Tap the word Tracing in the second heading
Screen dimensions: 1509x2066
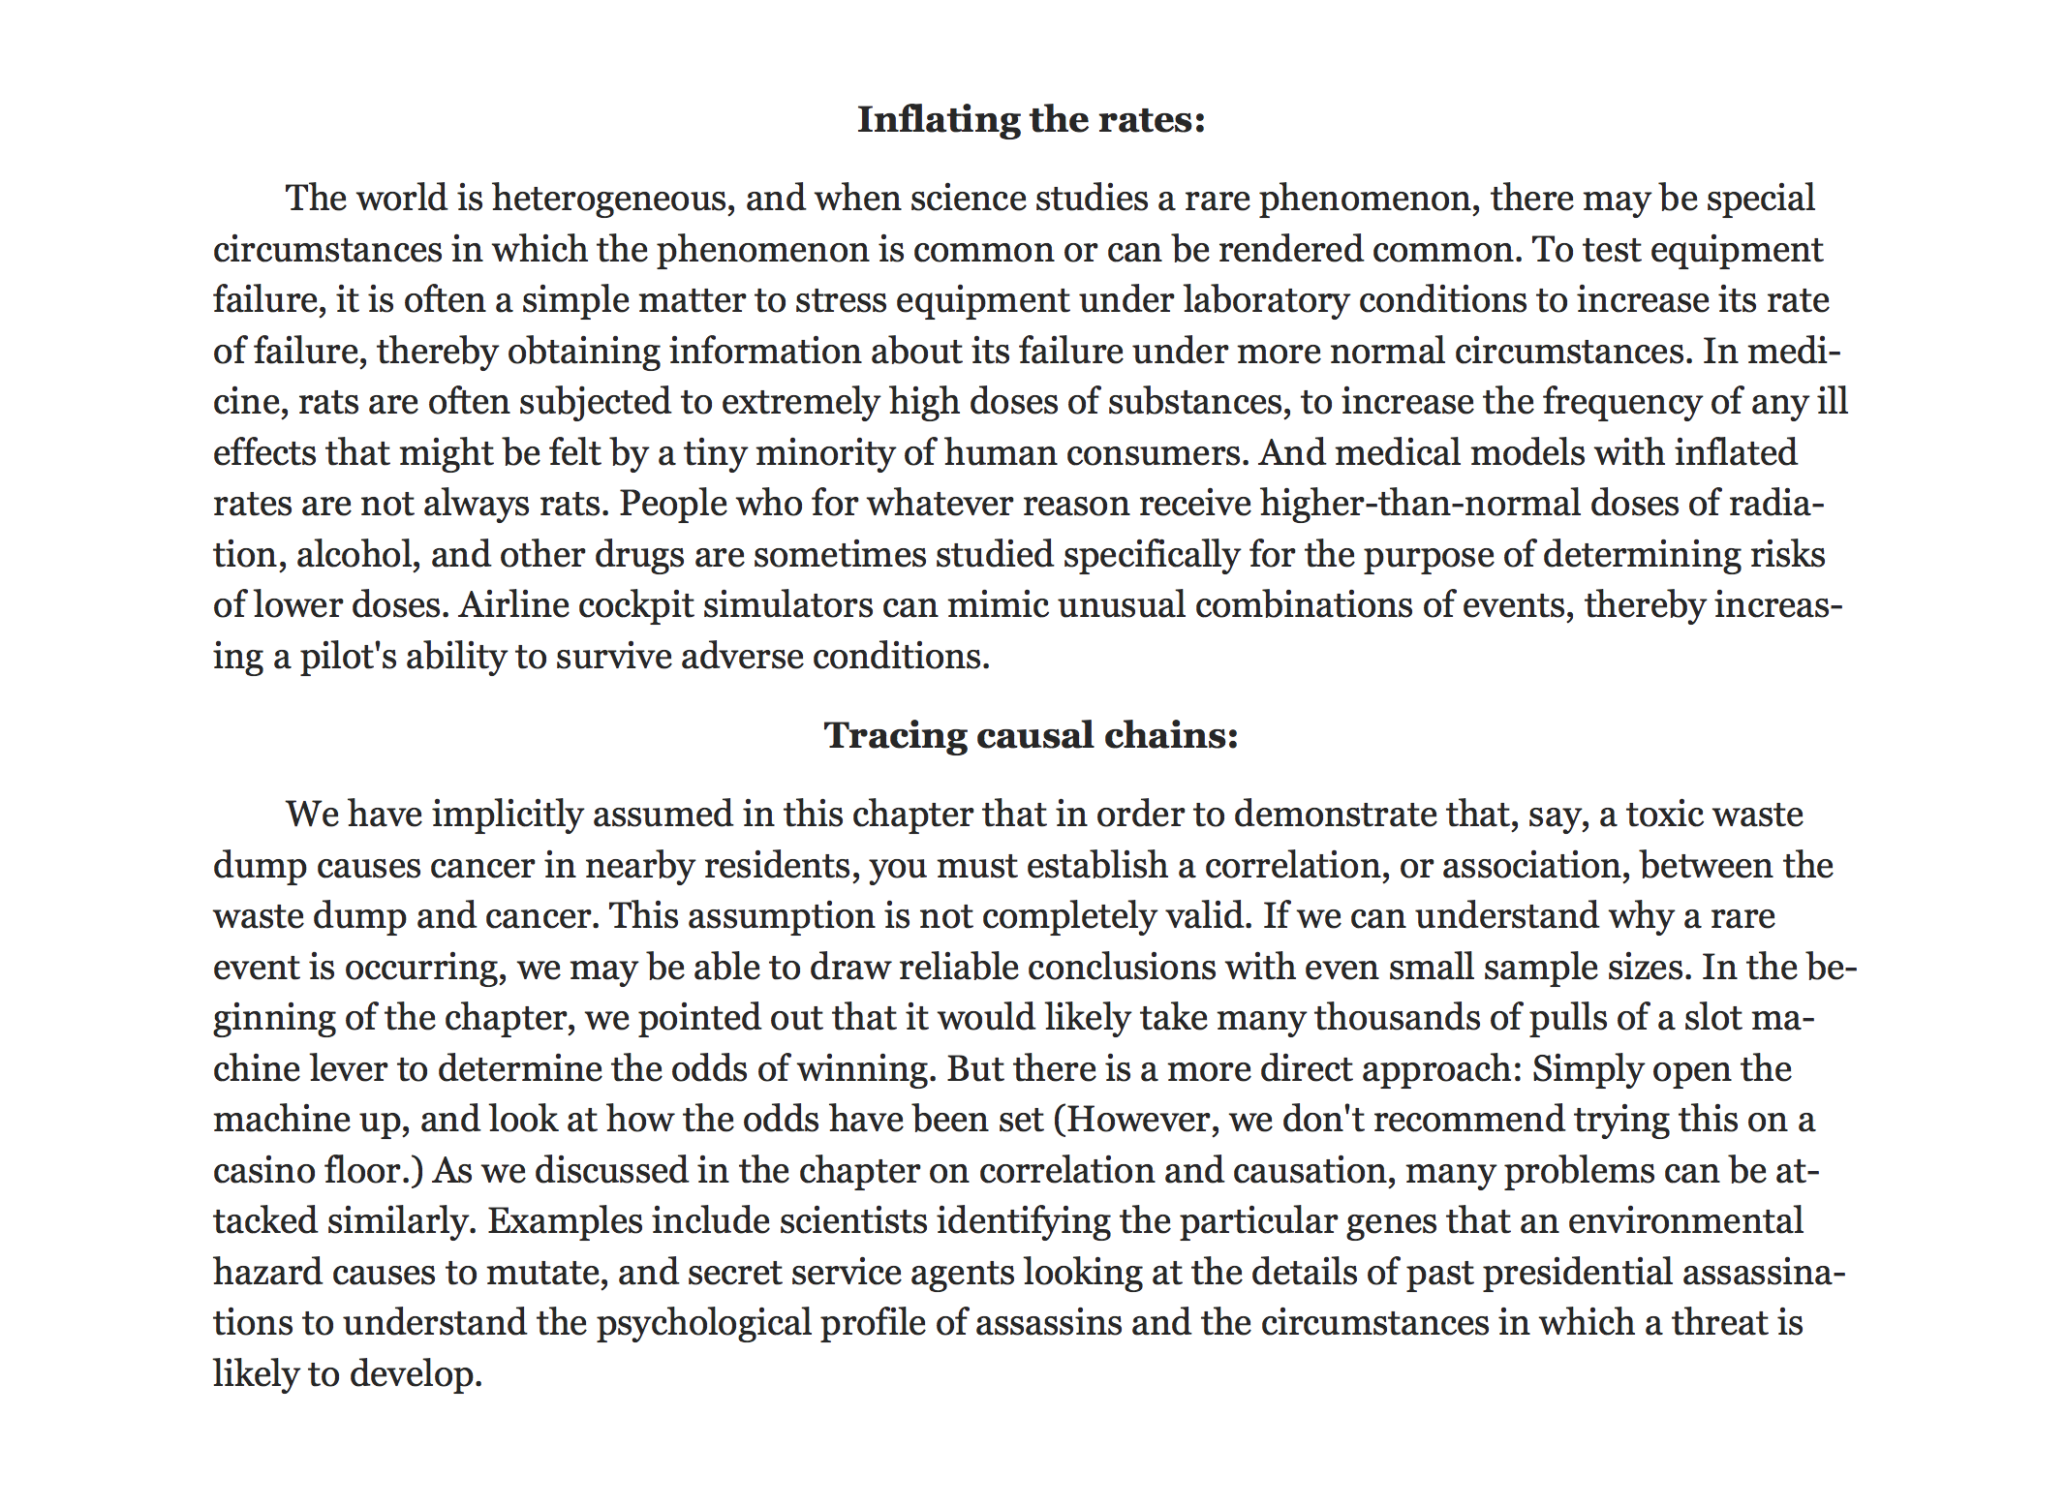pyautogui.click(x=894, y=735)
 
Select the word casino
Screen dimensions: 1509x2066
pyautogui.click(x=262, y=1171)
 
